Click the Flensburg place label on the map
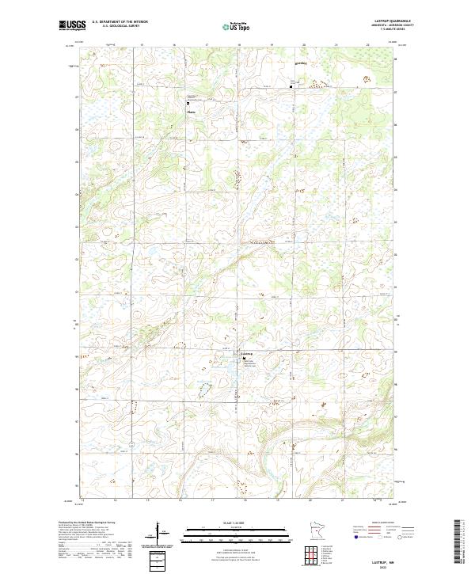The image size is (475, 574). (191, 112)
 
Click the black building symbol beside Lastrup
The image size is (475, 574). (244, 359)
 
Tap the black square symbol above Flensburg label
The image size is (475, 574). (188, 103)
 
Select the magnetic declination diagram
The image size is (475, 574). (159, 532)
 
